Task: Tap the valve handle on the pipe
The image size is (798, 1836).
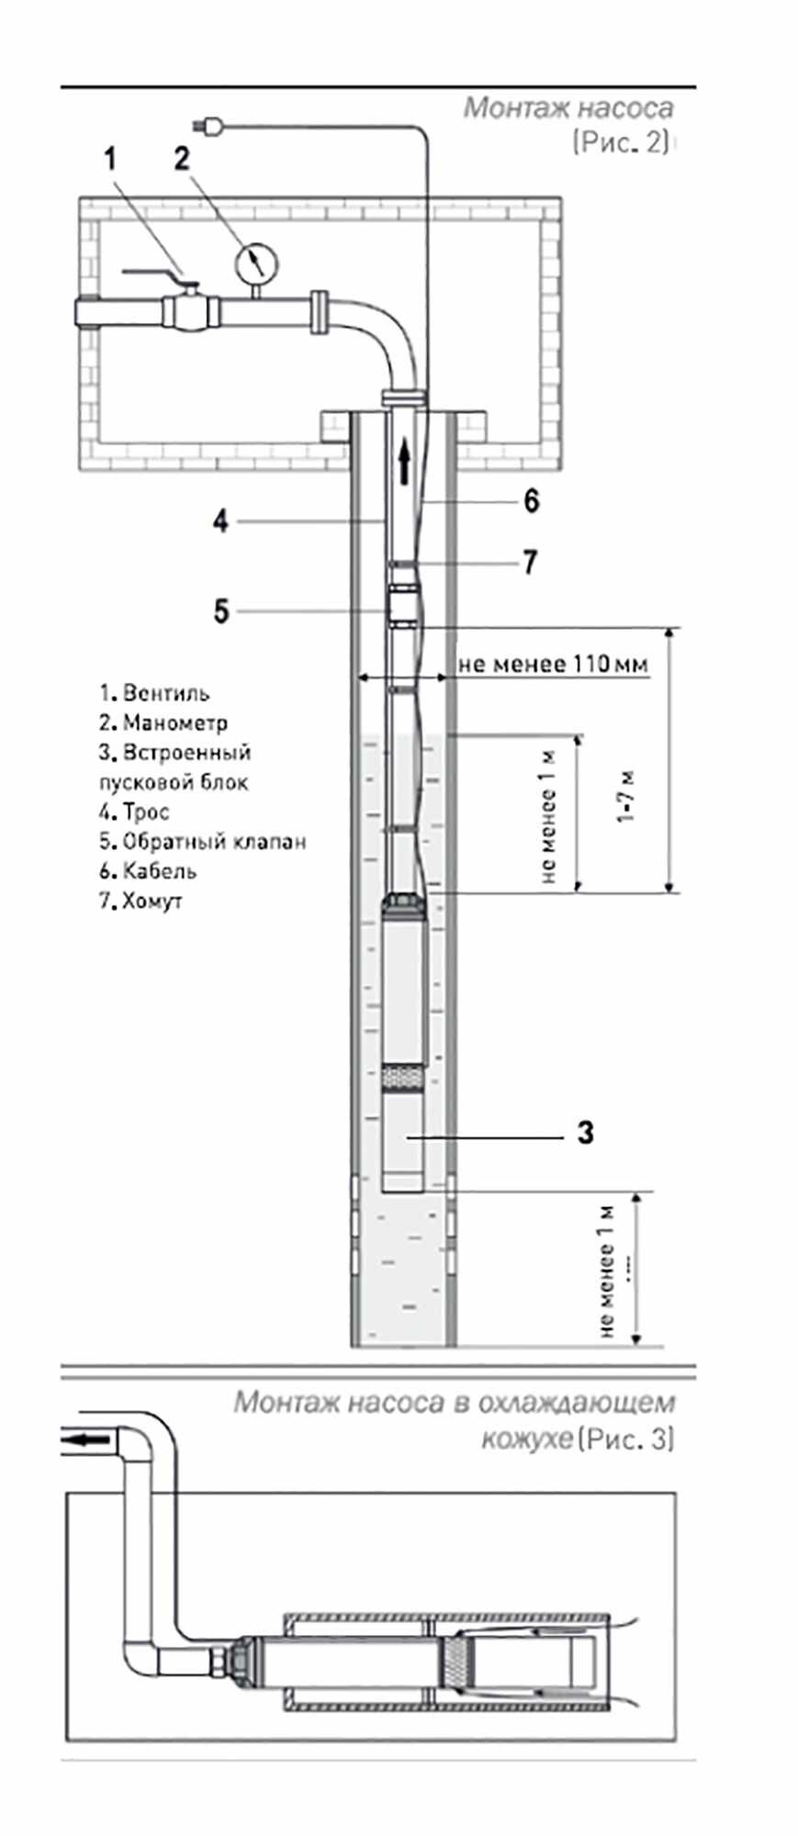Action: pyautogui.click(x=153, y=273)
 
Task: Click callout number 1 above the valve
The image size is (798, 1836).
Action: pyautogui.click(x=111, y=159)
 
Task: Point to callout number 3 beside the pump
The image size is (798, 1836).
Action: pyautogui.click(x=586, y=1133)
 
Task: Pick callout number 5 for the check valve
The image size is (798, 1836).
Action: pyautogui.click(x=220, y=610)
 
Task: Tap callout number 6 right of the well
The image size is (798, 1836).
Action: pyautogui.click(x=531, y=501)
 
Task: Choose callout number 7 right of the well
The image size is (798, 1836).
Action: pyautogui.click(x=530, y=562)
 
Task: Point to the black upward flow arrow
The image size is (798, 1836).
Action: pyautogui.click(x=403, y=461)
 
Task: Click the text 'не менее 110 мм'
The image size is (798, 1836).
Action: pyautogui.click(x=553, y=664)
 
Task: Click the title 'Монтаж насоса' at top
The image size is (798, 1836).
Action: pyautogui.click(x=568, y=108)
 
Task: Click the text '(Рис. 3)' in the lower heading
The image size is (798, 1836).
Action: pyautogui.click(x=626, y=1439)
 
